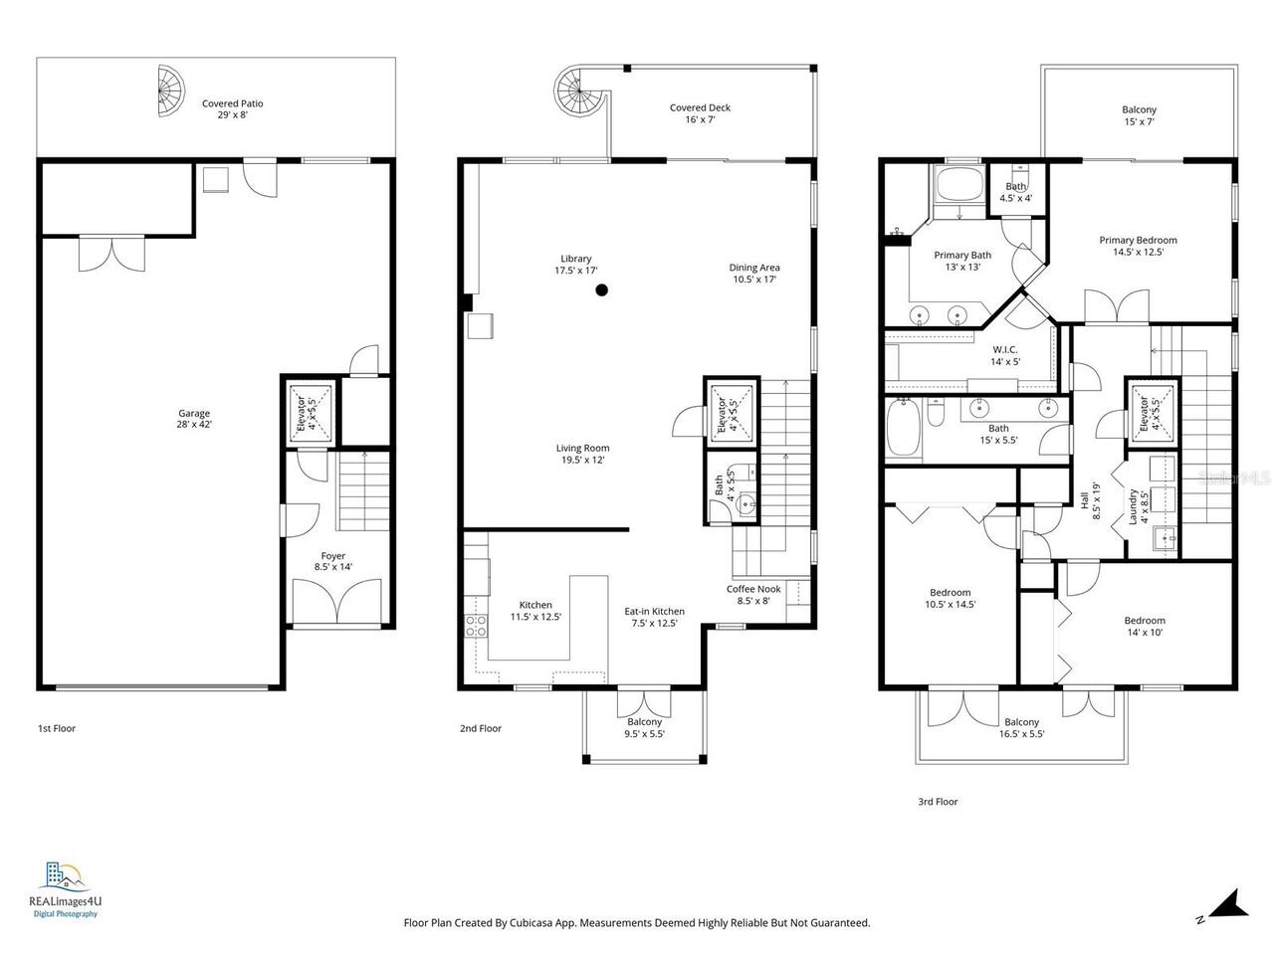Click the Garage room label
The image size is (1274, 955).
(194, 419)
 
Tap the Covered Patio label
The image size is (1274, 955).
(232, 108)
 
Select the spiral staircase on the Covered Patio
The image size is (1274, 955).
(170, 92)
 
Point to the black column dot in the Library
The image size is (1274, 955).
(601, 290)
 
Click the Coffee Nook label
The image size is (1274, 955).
(753, 594)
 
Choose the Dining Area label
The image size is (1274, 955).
(754, 273)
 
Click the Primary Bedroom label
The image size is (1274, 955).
(1138, 246)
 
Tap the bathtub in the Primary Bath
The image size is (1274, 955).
(957, 185)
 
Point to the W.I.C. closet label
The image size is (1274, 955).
(1005, 355)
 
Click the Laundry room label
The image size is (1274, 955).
(1133, 507)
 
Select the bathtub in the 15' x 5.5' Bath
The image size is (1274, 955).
(904, 429)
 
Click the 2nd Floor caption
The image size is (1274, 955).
(481, 728)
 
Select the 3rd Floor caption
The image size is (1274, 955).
(938, 801)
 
